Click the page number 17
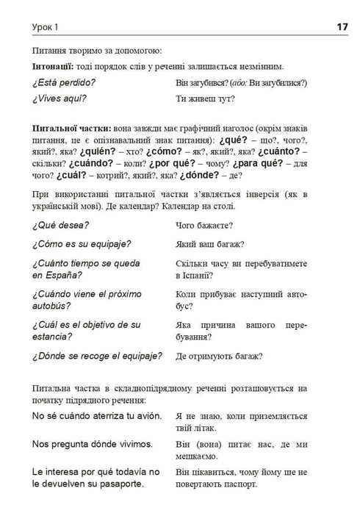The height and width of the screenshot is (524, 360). [x=342, y=26]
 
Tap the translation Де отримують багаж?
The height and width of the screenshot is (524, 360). [x=220, y=357]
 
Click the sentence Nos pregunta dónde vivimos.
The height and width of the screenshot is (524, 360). [x=93, y=444]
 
